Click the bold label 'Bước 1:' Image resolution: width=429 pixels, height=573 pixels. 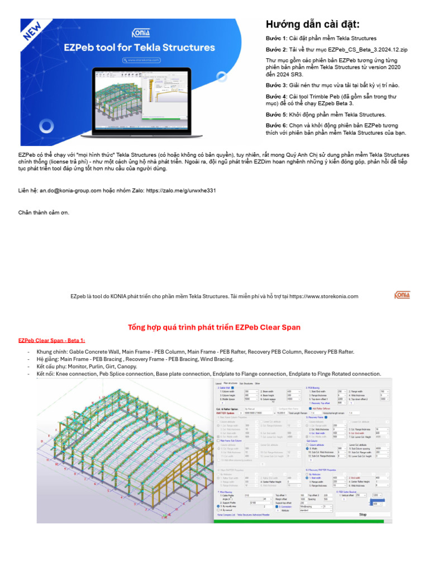[277, 38]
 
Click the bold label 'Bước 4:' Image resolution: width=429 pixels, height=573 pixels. [277, 96]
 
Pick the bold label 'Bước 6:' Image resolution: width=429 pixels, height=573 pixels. [277, 125]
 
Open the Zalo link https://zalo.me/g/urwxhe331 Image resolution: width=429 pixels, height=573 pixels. [181, 191]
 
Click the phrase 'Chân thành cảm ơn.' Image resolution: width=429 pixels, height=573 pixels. [44, 213]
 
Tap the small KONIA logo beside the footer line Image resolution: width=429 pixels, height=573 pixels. [402, 295]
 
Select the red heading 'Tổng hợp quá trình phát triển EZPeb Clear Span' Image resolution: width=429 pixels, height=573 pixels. [214, 327]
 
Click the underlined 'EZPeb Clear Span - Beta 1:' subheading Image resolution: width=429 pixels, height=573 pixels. [51, 340]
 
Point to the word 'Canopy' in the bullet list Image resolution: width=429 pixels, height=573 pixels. [127, 367]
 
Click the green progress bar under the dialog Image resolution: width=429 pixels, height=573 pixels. [299, 521]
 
